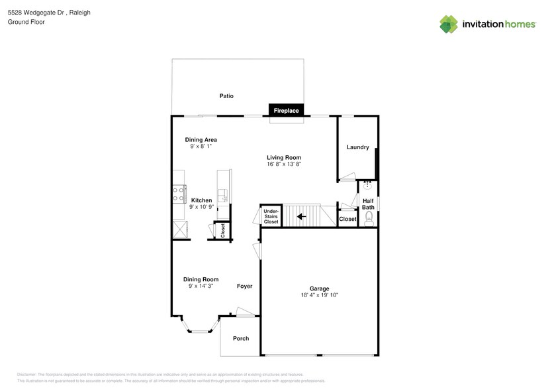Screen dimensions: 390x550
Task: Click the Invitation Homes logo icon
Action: coord(449,24)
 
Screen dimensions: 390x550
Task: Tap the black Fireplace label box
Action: coord(287,111)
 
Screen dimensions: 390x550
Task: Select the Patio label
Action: coord(226,96)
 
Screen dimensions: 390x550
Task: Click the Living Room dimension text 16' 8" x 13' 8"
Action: coord(284,164)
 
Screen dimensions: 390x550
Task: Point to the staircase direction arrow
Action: coord(301,216)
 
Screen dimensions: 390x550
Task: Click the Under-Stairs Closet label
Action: coord(271,216)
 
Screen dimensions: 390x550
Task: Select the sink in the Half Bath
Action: coord(368,185)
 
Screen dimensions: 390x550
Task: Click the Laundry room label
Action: coord(357,147)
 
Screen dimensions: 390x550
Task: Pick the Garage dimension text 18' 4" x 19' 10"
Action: coord(320,295)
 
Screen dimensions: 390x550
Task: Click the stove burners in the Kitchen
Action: coord(179,194)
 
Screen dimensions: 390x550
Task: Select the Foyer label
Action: coord(245,287)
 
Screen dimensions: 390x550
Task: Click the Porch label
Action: coord(241,339)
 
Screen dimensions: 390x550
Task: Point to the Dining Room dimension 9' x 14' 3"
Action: coord(201,286)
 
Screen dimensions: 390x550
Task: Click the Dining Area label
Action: coord(201,140)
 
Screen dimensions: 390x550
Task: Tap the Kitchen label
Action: coord(201,200)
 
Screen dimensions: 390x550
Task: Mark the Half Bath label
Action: coord(369,204)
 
